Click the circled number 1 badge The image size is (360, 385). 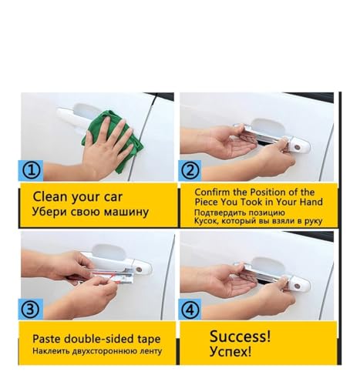31,170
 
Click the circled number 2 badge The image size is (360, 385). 190,170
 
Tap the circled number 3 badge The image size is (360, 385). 31,309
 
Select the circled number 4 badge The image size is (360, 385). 190,310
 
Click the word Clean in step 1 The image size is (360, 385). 50,196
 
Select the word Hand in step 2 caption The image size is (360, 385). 311,202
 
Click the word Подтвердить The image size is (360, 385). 217,213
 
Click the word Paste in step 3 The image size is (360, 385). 46,339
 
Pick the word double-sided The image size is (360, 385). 99,339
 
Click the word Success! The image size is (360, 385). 241,336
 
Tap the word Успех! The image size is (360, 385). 230,351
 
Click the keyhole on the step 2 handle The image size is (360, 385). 297,148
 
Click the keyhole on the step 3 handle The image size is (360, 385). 139,269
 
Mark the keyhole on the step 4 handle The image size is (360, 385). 297,286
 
